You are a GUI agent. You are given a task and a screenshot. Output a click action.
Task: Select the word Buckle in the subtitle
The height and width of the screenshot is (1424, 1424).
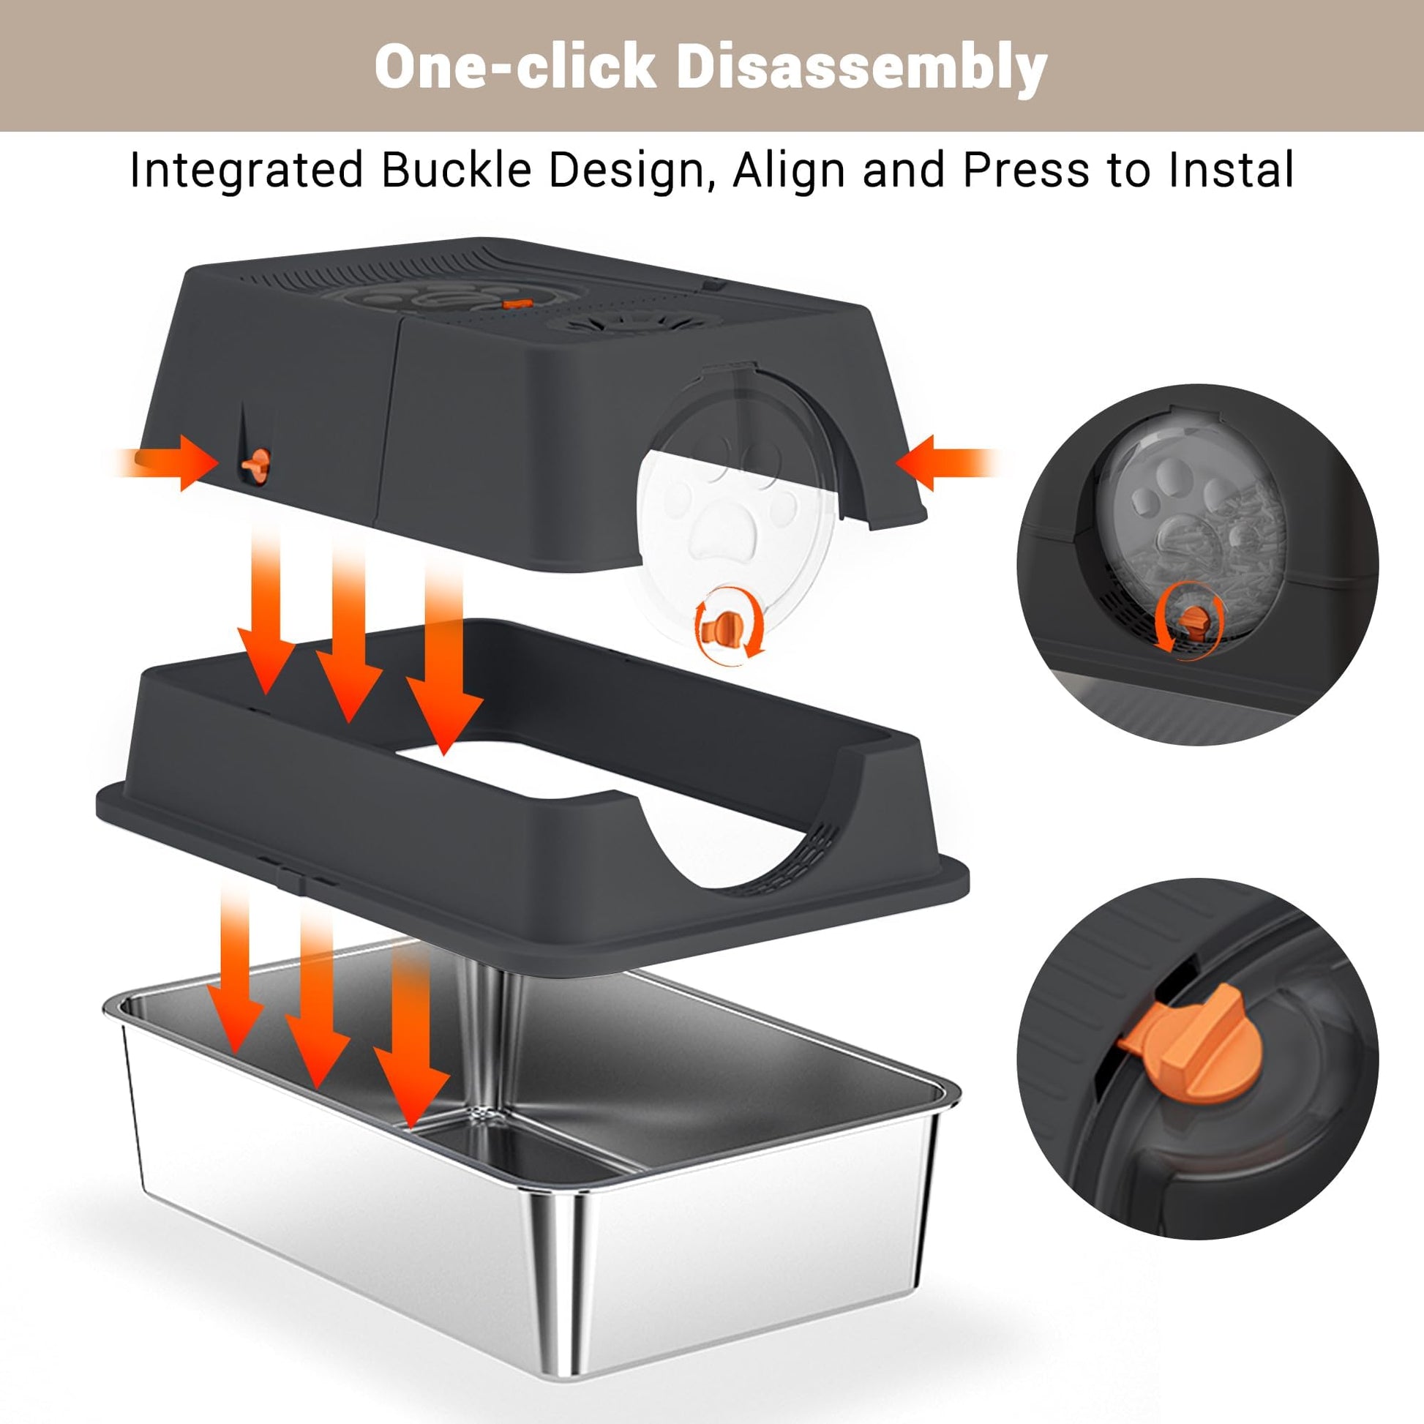pos(456,170)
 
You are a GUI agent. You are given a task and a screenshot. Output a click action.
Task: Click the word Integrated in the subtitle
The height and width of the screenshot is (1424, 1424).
pos(246,171)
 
